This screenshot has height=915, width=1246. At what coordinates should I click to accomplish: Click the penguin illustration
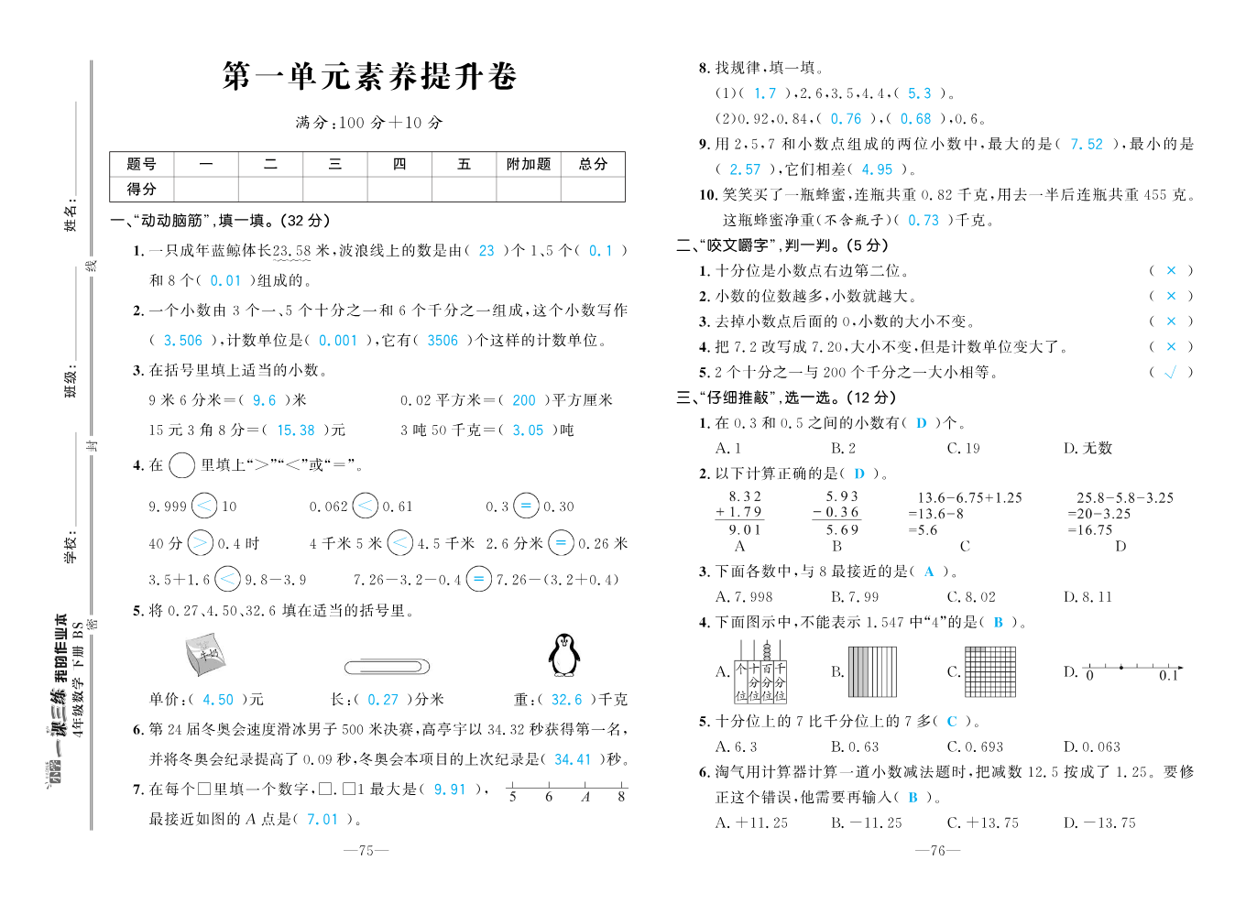tap(564, 655)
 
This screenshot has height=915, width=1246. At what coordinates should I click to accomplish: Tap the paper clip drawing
tap(387, 666)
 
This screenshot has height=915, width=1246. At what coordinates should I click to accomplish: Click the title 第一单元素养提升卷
tap(369, 76)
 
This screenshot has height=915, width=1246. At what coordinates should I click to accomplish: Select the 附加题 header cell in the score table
tap(529, 164)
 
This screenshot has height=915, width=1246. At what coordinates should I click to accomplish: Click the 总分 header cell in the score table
tap(593, 164)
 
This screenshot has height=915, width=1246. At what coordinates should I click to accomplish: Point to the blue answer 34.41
tap(573, 759)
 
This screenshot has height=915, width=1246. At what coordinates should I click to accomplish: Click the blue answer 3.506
tap(183, 341)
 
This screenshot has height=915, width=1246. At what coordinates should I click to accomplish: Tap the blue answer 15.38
tap(295, 430)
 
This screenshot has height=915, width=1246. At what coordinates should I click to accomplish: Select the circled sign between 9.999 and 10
tap(205, 506)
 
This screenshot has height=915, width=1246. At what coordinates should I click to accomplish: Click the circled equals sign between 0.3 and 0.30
tap(526, 506)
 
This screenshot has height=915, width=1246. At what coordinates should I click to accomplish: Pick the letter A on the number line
tap(585, 797)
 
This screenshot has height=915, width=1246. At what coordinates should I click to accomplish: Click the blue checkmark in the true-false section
tap(1170, 373)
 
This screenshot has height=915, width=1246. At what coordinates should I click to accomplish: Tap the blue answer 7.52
tap(1087, 145)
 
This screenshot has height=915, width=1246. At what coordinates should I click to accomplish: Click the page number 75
tap(366, 851)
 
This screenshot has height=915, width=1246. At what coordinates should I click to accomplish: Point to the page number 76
tap(937, 851)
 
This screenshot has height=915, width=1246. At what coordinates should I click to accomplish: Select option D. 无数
tap(1088, 448)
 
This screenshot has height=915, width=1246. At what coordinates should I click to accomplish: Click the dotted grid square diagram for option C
tap(990, 671)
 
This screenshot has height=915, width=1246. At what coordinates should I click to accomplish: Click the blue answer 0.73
tap(924, 221)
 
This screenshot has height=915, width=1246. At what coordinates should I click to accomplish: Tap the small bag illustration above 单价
tap(204, 654)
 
